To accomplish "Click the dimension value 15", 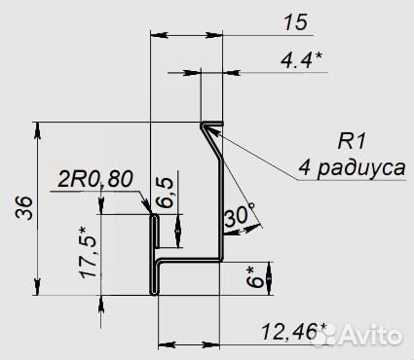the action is tap(295, 22).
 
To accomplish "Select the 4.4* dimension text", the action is tap(302, 60).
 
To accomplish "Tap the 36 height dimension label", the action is tap(25, 208).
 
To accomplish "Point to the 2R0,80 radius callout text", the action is tap(95, 179).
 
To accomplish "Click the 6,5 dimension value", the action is tap(165, 192).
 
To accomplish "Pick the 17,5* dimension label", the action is tap(88, 253).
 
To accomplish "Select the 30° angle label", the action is tap(240, 215).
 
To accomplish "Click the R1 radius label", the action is tap(352, 142).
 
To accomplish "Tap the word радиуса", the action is tap(361, 168).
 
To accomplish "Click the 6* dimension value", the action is tap(255, 277).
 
